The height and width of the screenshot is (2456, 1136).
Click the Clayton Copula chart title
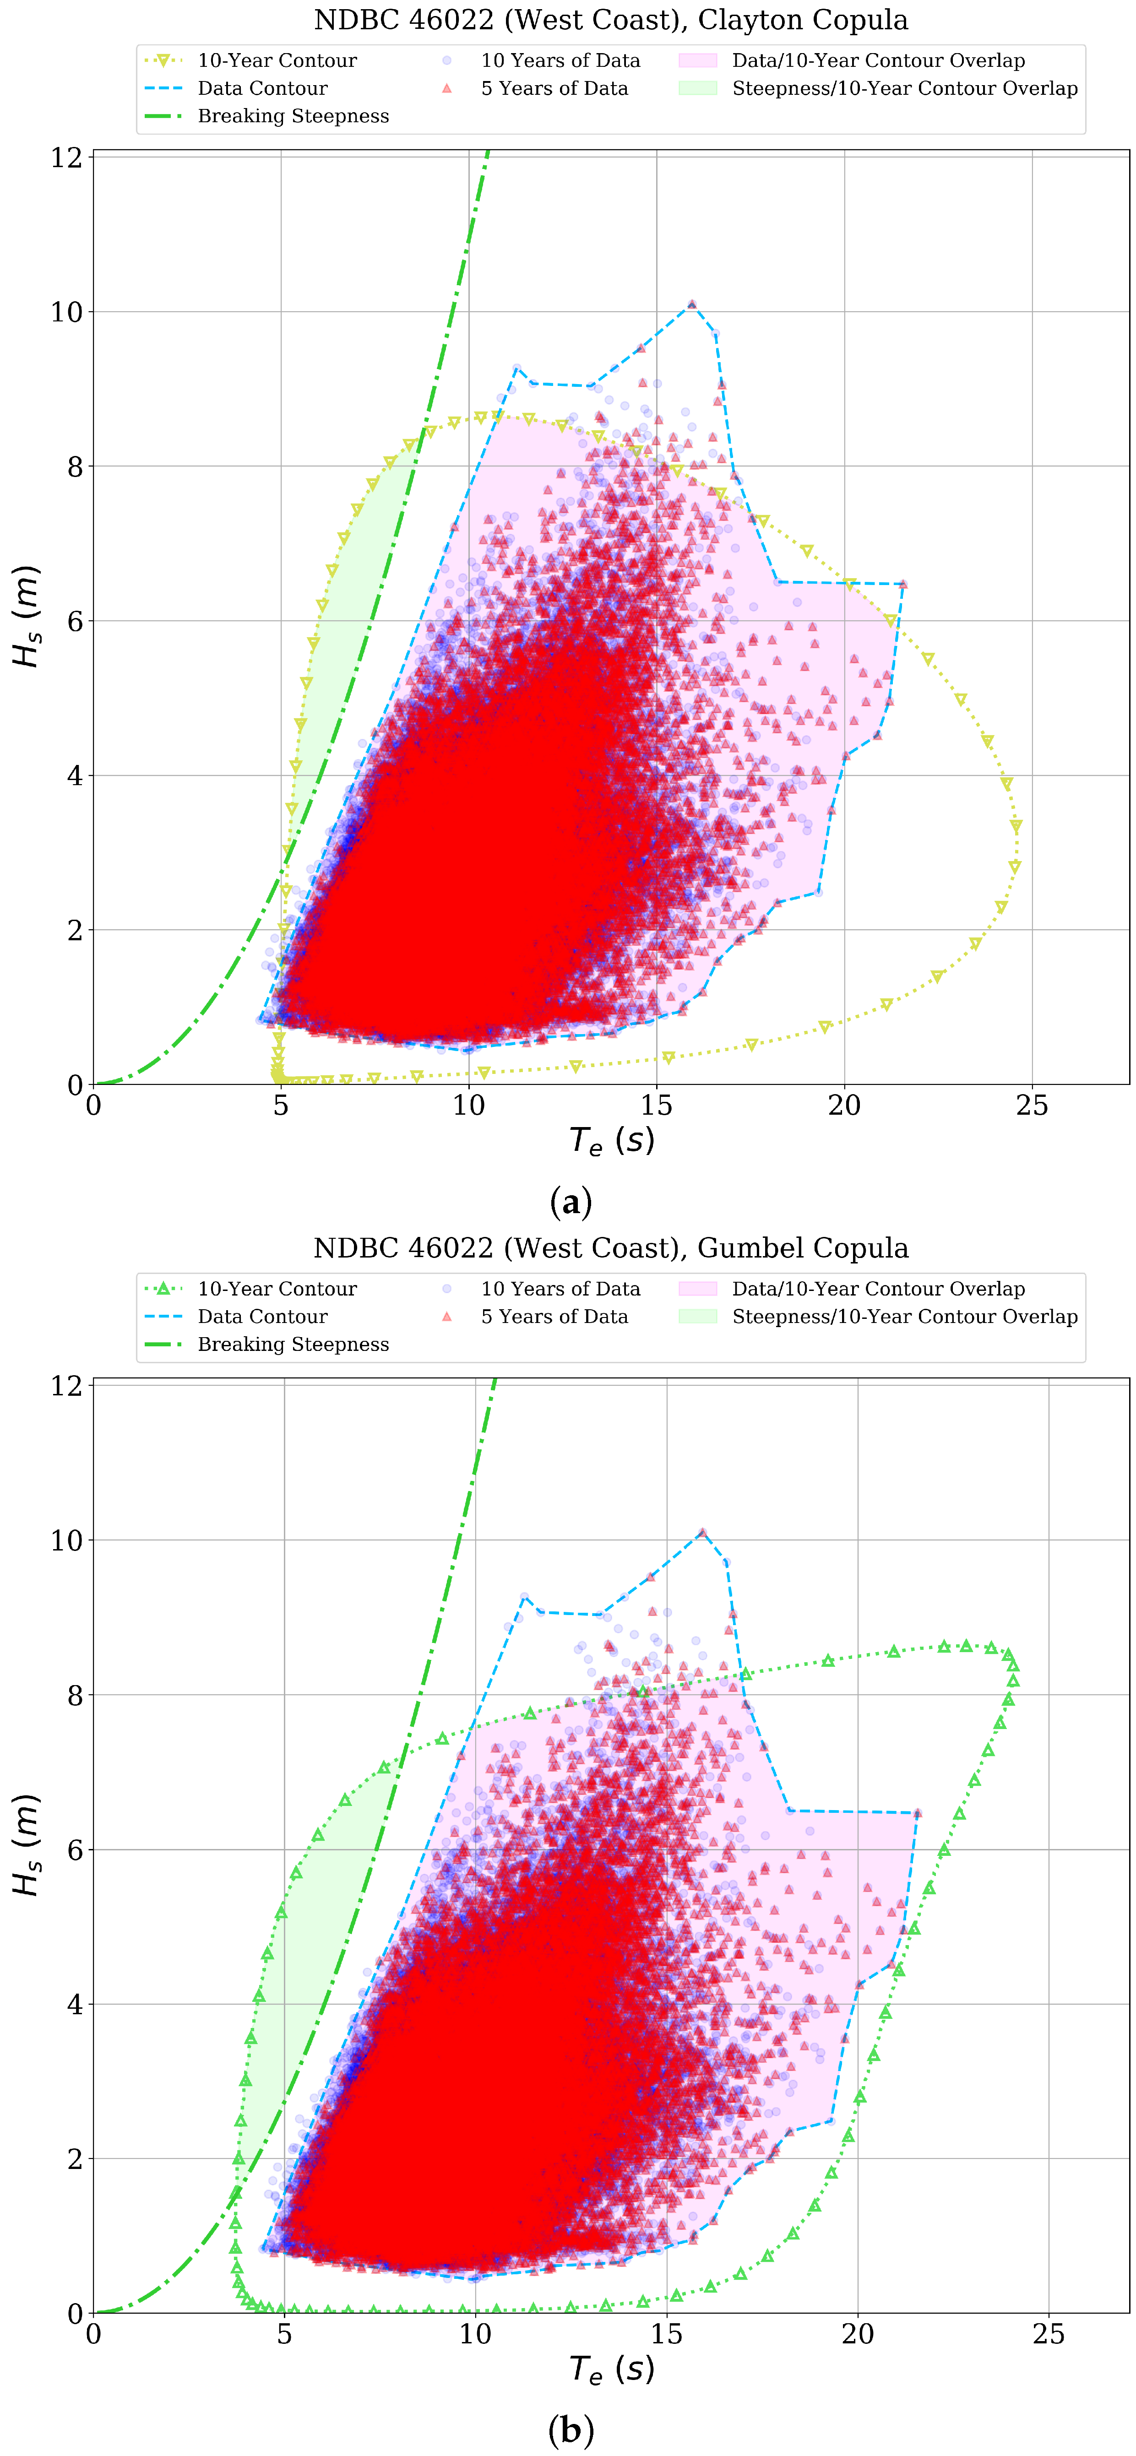click(610, 20)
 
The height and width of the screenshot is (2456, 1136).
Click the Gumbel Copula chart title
click(610, 1248)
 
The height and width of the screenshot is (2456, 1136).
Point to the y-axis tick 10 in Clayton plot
click(67, 312)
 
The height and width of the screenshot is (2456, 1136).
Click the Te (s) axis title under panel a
click(611, 1140)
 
